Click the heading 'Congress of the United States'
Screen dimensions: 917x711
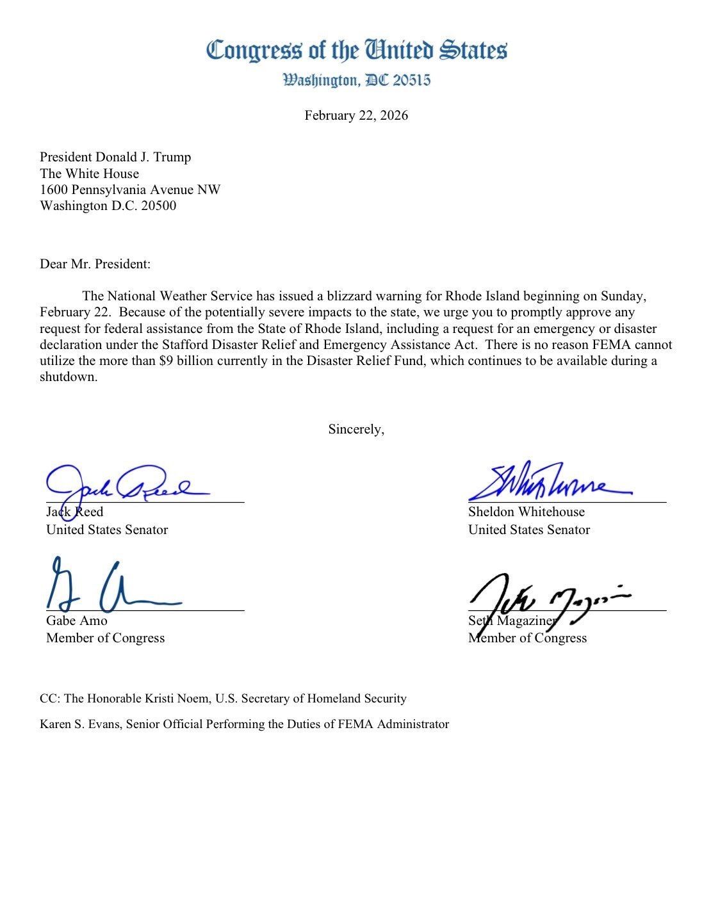[x=356, y=50]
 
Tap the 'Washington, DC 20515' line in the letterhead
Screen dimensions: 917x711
[x=356, y=80]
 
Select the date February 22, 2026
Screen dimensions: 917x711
[x=356, y=116]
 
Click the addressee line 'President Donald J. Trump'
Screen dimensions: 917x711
[x=115, y=157]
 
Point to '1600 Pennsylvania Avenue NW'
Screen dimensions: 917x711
[x=130, y=190]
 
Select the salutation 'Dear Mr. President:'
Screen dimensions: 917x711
[x=95, y=264]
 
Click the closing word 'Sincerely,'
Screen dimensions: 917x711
[x=356, y=429]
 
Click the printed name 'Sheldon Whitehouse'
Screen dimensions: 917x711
[x=526, y=512]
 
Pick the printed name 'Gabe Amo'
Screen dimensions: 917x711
[x=77, y=621]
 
